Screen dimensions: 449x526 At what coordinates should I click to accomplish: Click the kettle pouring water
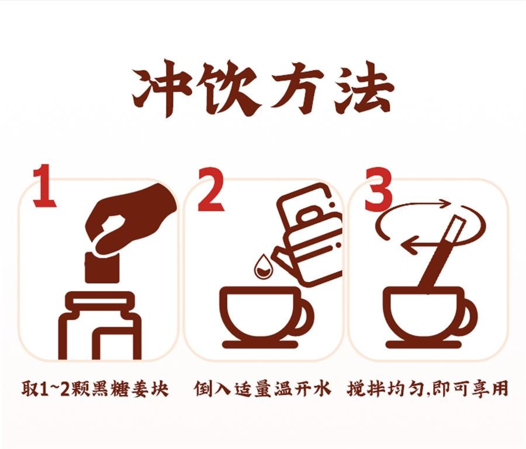310,234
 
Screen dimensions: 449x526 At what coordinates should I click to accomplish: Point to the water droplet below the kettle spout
262,267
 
